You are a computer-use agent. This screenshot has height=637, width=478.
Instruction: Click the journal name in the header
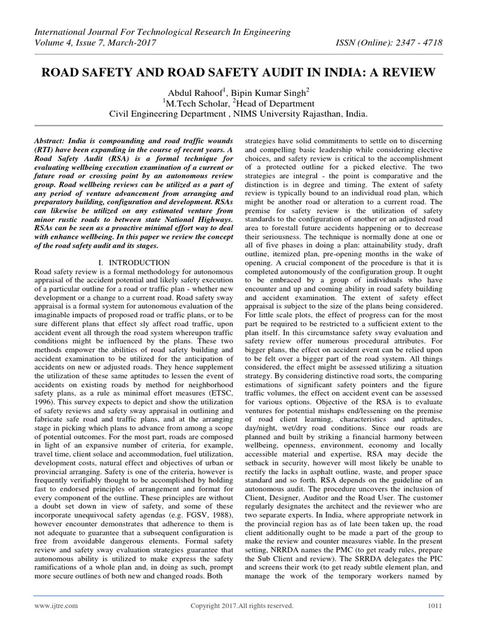pos(158,31)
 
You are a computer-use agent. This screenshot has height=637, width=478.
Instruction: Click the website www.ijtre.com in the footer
pos(56,605)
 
